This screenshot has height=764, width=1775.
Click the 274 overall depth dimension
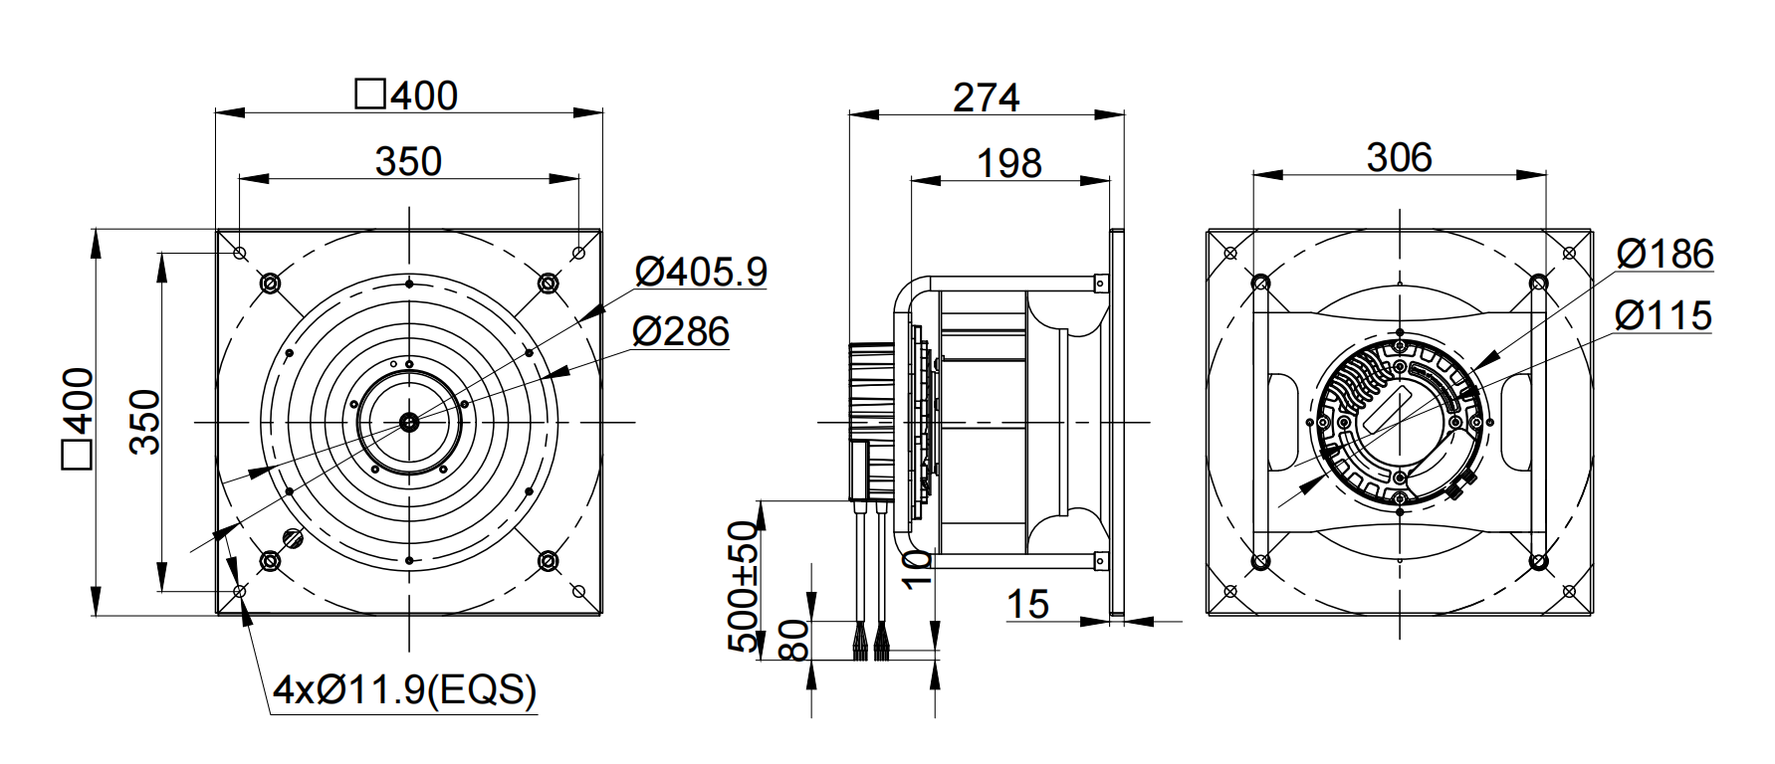(x=986, y=97)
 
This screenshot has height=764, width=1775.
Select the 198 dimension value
(x=1009, y=163)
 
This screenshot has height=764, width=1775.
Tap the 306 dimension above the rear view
(x=1399, y=157)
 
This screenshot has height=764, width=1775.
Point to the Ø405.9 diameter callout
(x=702, y=271)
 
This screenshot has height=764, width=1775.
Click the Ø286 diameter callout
(x=682, y=331)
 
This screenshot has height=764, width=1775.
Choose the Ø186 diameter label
(x=1664, y=255)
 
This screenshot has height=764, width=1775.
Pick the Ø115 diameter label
(x=1664, y=315)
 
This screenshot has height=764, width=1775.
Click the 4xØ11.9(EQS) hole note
(x=404, y=689)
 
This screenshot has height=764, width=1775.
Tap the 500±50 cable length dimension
(x=743, y=586)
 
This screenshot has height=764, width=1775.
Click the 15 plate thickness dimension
(x=1028, y=604)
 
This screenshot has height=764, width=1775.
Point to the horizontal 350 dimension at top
(x=408, y=161)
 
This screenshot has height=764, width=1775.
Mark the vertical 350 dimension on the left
(x=145, y=422)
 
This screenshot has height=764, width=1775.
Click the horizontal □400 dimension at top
(x=406, y=95)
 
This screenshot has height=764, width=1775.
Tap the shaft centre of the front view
(x=409, y=422)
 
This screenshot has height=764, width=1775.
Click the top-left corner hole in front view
(x=240, y=253)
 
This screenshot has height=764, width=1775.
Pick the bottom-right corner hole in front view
(x=578, y=591)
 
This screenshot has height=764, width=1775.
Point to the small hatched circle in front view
(x=294, y=538)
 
